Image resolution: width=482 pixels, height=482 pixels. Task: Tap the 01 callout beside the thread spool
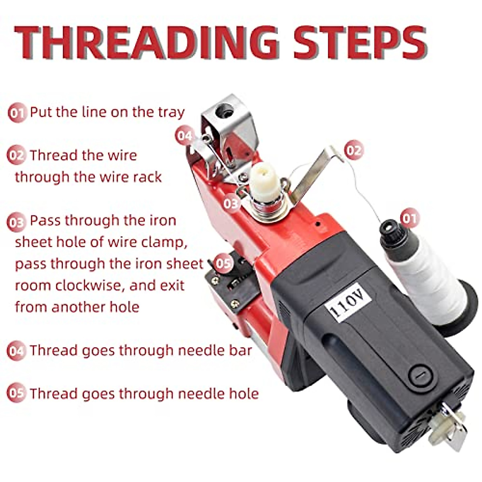[409, 218]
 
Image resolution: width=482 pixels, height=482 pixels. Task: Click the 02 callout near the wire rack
[353, 150]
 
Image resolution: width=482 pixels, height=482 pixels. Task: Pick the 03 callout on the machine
[231, 203]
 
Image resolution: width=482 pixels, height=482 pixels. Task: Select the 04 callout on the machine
[185, 136]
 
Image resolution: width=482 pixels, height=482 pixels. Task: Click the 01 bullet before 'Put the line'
[17, 113]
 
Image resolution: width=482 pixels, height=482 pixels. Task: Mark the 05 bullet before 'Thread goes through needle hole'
[16, 394]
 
